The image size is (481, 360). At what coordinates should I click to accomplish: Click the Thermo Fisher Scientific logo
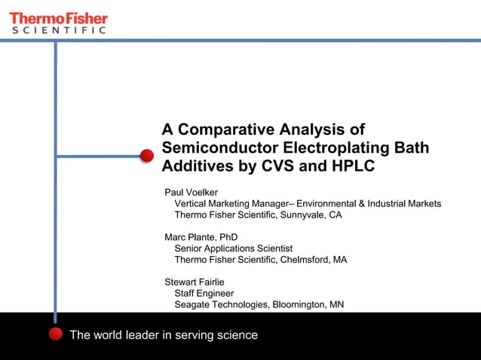[59, 22]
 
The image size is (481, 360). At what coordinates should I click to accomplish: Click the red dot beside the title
[147, 156]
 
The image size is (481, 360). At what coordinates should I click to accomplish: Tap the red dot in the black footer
[55, 334]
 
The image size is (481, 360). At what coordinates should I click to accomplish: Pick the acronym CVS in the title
[278, 166]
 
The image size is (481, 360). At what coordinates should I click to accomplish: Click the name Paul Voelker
[191, 192]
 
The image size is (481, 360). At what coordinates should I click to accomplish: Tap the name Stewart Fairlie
[195, 282]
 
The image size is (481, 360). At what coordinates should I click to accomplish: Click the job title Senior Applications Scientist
[233, 249]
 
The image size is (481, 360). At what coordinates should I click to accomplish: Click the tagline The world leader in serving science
[164, 335]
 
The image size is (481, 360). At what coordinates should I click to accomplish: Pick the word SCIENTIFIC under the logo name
[58, 30]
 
